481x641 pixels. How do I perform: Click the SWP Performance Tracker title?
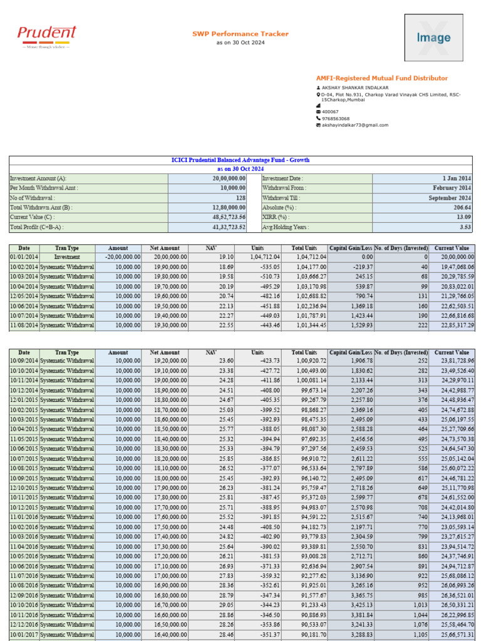pos(240,34)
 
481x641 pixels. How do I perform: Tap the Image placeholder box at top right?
pos(433,38)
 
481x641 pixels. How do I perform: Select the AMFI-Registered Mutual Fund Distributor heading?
pos(382,78)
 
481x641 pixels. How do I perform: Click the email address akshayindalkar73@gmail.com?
pos(354,125)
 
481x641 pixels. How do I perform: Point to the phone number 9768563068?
pos(336,118)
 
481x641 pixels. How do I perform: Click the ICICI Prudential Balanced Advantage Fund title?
pos(240,160)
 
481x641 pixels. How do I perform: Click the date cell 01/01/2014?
pos(24,257)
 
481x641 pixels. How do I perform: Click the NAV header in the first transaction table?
pos(211,248)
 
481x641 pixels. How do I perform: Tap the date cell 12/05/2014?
pos(24,295)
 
